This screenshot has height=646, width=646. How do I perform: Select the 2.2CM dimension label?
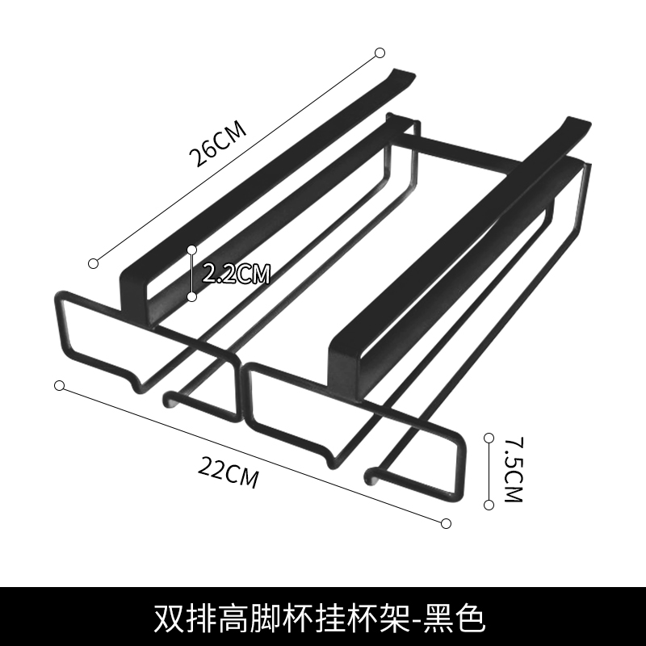[235, 274]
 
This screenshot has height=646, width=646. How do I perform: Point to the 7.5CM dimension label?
[512, 471]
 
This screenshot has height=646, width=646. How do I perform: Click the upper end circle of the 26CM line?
[380, 53]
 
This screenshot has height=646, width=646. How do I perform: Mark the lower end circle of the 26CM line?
[94, 262]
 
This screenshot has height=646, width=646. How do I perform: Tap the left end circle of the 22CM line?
[59, 384]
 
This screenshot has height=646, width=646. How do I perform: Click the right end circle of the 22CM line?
[447, 523]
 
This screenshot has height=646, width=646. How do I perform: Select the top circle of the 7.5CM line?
[489, 438]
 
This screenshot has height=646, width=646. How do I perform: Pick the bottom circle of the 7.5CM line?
[489, 505]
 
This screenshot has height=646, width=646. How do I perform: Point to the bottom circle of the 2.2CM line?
[192, 296]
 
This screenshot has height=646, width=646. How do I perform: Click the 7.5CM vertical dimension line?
[489, 471]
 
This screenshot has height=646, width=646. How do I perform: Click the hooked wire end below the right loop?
[371, 473]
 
